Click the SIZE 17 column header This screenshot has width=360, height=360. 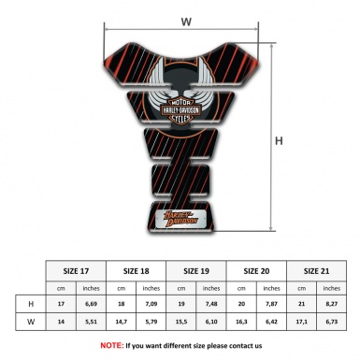tap(77, 270)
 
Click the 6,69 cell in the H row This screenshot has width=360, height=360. tap(92, 305)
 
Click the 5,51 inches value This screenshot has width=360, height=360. tap(92, 323)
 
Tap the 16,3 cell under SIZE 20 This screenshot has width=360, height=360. tap(242, 323)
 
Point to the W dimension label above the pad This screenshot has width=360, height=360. tap(186, 20)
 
